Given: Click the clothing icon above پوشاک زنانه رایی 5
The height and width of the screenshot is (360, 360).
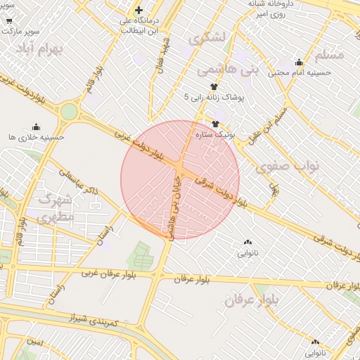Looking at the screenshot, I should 214,86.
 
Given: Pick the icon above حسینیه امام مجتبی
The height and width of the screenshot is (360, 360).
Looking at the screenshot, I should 299,62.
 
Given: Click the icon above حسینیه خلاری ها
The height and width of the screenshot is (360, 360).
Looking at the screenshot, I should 36,127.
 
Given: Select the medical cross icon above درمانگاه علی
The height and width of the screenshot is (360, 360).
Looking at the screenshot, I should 139,10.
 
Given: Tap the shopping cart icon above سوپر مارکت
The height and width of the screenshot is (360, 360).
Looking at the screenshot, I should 8,21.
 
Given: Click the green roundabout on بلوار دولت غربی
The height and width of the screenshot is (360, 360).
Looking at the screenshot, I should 69,112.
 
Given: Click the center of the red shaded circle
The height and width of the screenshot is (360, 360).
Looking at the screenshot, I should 180,179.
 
